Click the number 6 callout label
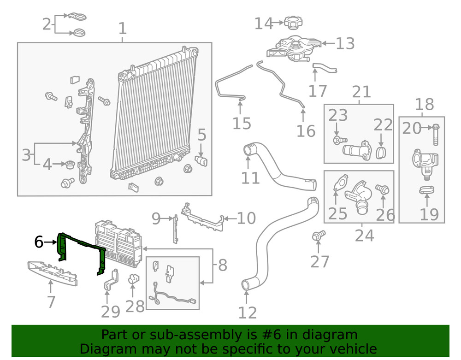39,242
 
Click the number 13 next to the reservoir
345,44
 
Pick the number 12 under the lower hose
248,313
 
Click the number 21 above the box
361,92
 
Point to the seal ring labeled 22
382,153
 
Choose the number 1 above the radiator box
122,29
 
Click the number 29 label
110,312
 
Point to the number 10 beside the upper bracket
246,218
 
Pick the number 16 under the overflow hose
306,131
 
